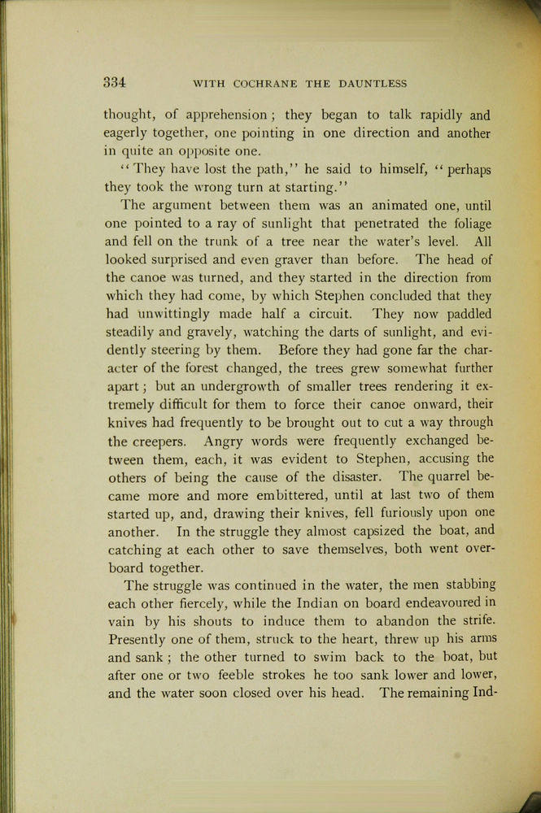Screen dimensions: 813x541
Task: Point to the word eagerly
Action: click(127, 133)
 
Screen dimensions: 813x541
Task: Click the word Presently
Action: click(143, 639)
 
